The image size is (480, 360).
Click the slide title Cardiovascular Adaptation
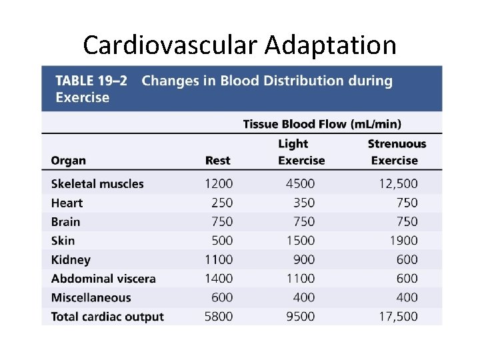coord(239,45)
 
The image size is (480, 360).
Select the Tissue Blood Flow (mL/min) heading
coord(322,124)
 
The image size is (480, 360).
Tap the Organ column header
coord(68,161)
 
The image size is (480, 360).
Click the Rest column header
coord(217,161)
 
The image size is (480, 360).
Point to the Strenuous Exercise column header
coord(396,152)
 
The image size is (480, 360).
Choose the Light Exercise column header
coord(301,152)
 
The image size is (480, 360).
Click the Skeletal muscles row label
coord(97,184)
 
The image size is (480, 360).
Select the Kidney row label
coord(71,260)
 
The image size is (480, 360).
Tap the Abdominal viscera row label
coord(103,279)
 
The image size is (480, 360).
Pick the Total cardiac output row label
coord(107,317)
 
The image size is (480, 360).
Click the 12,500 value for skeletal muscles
coord(398,184)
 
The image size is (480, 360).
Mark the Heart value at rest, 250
coord(222,203)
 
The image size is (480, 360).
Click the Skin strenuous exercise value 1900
coord(404,241)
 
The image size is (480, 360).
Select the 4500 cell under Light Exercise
coord(301,184)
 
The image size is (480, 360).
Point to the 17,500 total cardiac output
coord(398,317)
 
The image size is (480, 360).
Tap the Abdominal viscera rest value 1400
coord(219,279)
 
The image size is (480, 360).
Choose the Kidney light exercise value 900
coord(304,260)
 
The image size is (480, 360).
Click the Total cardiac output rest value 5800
coord(219,317)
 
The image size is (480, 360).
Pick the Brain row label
coord(65,222)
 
